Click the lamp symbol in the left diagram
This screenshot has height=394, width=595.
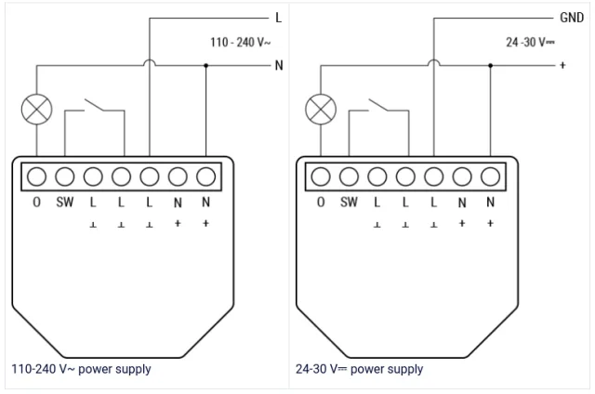tap(36, 110)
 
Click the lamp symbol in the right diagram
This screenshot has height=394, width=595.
tap(321, 110)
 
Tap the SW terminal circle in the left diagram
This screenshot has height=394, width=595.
tap(65, 177)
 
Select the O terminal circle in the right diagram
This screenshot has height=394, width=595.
tap(321, 177)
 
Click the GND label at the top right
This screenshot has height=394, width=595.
tap(572, 18)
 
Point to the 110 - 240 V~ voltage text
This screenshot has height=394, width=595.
tap(241, 42)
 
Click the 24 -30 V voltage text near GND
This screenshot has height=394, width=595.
tap(530, 42)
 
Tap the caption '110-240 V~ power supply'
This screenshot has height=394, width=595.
tap(81, 369)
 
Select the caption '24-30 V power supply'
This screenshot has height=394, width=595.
tap(360, 369)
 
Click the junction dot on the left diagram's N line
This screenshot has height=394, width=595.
tap(206, 66)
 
